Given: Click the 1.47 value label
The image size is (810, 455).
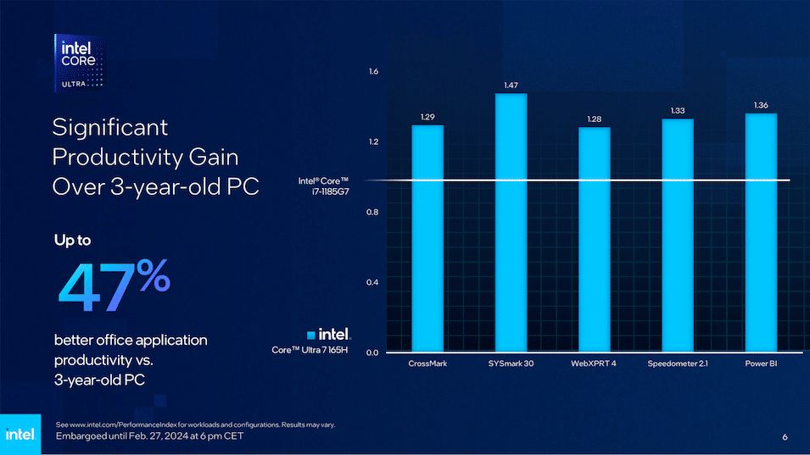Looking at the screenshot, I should pyautogui.click(x=511, y=86).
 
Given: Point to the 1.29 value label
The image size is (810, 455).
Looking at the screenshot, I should pyautogui.click(x=427, y=117).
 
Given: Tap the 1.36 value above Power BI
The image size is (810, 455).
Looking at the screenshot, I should pyautogui.click(x=761, y=105).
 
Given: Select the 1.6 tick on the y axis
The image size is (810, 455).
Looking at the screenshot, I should pyautogui.click(x=373, y=72).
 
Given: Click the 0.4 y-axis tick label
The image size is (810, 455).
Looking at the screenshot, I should pyautogui.click(x=373, y=282).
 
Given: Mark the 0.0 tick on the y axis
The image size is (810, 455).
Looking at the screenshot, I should pyautogui.click(x=373, y=352).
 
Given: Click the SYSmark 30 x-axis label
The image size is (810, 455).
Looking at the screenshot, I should pyautogui.click(x=511, y=364).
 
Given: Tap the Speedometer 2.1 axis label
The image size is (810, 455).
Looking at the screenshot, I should pyautogui.click(x=678, y=364).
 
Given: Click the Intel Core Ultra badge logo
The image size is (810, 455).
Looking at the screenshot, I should pyautogui.click(x=81, y=63).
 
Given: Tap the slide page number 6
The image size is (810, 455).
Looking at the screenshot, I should pyautogui.click(x=785, y=437).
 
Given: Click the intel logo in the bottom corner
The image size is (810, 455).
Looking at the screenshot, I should pyautogui.click(x=20, y=434).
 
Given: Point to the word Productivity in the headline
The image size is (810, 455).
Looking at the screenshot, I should pyautogui.click(x=145, y=157).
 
